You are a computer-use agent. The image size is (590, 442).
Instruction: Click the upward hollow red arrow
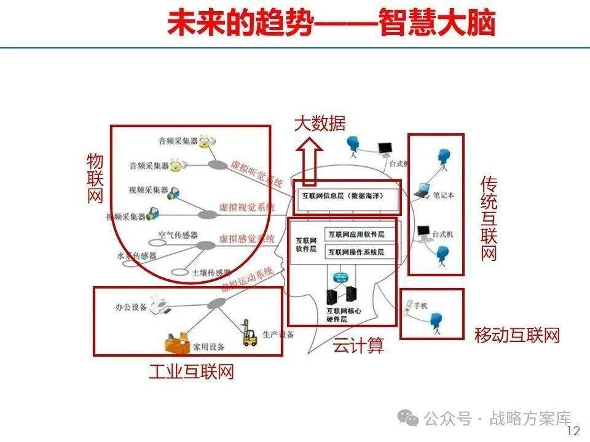(x=309, y=161)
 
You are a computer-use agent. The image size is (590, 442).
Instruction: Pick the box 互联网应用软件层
(x=356, y=234)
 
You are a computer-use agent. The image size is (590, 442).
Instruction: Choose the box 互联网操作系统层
(x=356, y=252)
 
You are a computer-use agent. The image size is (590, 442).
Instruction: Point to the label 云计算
(x=358, y=346)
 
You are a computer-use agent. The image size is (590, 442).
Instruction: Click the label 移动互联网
(x=517, y=335)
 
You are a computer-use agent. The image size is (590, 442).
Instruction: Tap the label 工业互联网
(x=191, y=371)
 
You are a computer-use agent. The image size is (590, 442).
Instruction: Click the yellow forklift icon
(x=249, y=333)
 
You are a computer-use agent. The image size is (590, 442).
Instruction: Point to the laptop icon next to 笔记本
(x=421, y=192)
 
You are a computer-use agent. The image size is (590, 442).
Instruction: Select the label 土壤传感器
(x=211, y=273)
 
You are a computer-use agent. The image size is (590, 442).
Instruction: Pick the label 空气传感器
(x=178, y=235)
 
